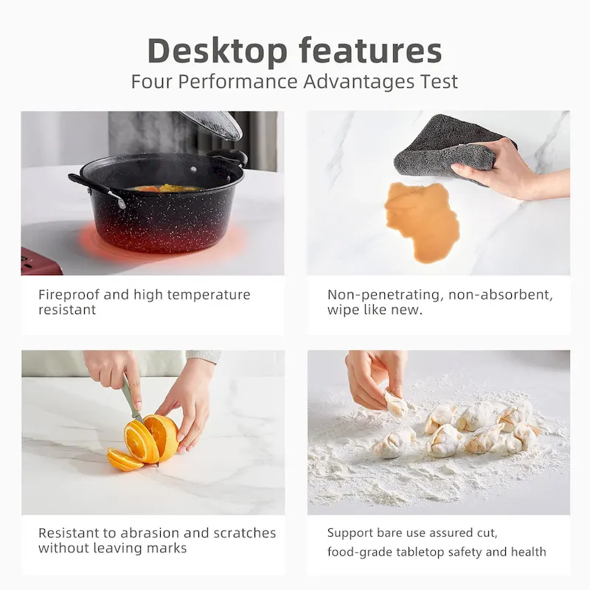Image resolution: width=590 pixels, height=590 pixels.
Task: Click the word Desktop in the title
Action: pos(217,52)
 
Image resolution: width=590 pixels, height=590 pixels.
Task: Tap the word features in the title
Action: pos(371,50)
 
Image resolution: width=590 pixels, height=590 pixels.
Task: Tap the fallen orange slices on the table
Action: pos(124,459)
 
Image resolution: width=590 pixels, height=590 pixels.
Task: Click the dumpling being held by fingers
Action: pos(396,403)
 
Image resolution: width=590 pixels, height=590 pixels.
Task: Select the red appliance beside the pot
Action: pos(41,261)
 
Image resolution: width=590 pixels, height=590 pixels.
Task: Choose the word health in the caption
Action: pos(528,552)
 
